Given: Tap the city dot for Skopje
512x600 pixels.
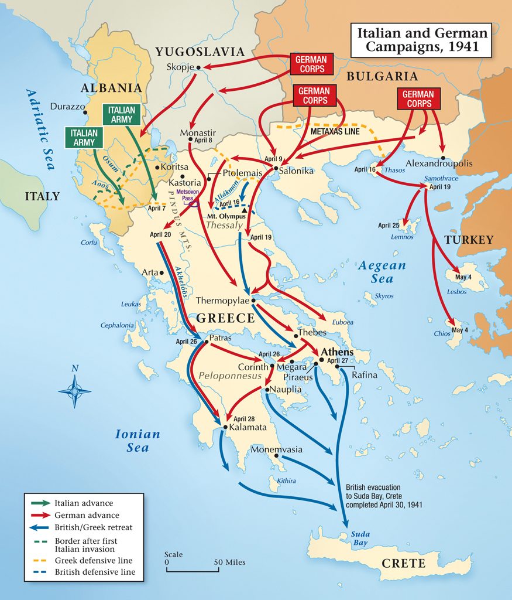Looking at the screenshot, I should pyautogui.click(x=198, y=67).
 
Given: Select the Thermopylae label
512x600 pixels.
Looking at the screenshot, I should pyautogui.click(x=222, y=301).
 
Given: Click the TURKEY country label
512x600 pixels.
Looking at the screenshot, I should pyautogui.click(x=468, y=240).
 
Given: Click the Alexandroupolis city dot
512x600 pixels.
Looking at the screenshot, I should pyautogui.click(x=444, y=158).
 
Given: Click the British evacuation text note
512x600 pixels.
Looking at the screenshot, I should pyautogui.click(x=383, y=496).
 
